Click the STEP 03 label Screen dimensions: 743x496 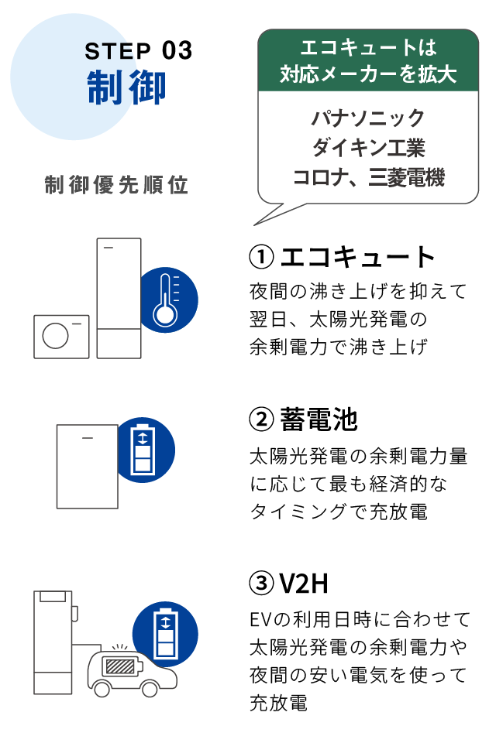tap(138, 51)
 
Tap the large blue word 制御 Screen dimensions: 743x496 tap(126, 87)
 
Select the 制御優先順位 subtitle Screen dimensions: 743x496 tap(117, 186)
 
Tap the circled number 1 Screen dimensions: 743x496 tap(260, 256)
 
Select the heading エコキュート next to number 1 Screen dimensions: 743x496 tap(358, 256)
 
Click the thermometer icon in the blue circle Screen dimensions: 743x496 tap(168, 300)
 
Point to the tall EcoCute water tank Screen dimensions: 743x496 tap(119, 298)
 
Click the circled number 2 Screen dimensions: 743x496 tap(260, 419)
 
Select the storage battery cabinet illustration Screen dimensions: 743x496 tap(87, 466)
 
